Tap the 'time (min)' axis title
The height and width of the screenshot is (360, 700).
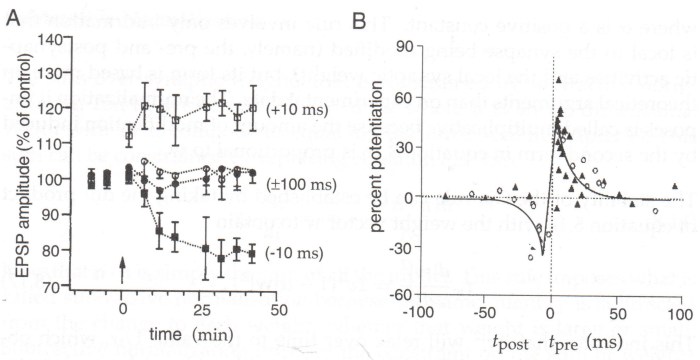coord(169,331)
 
